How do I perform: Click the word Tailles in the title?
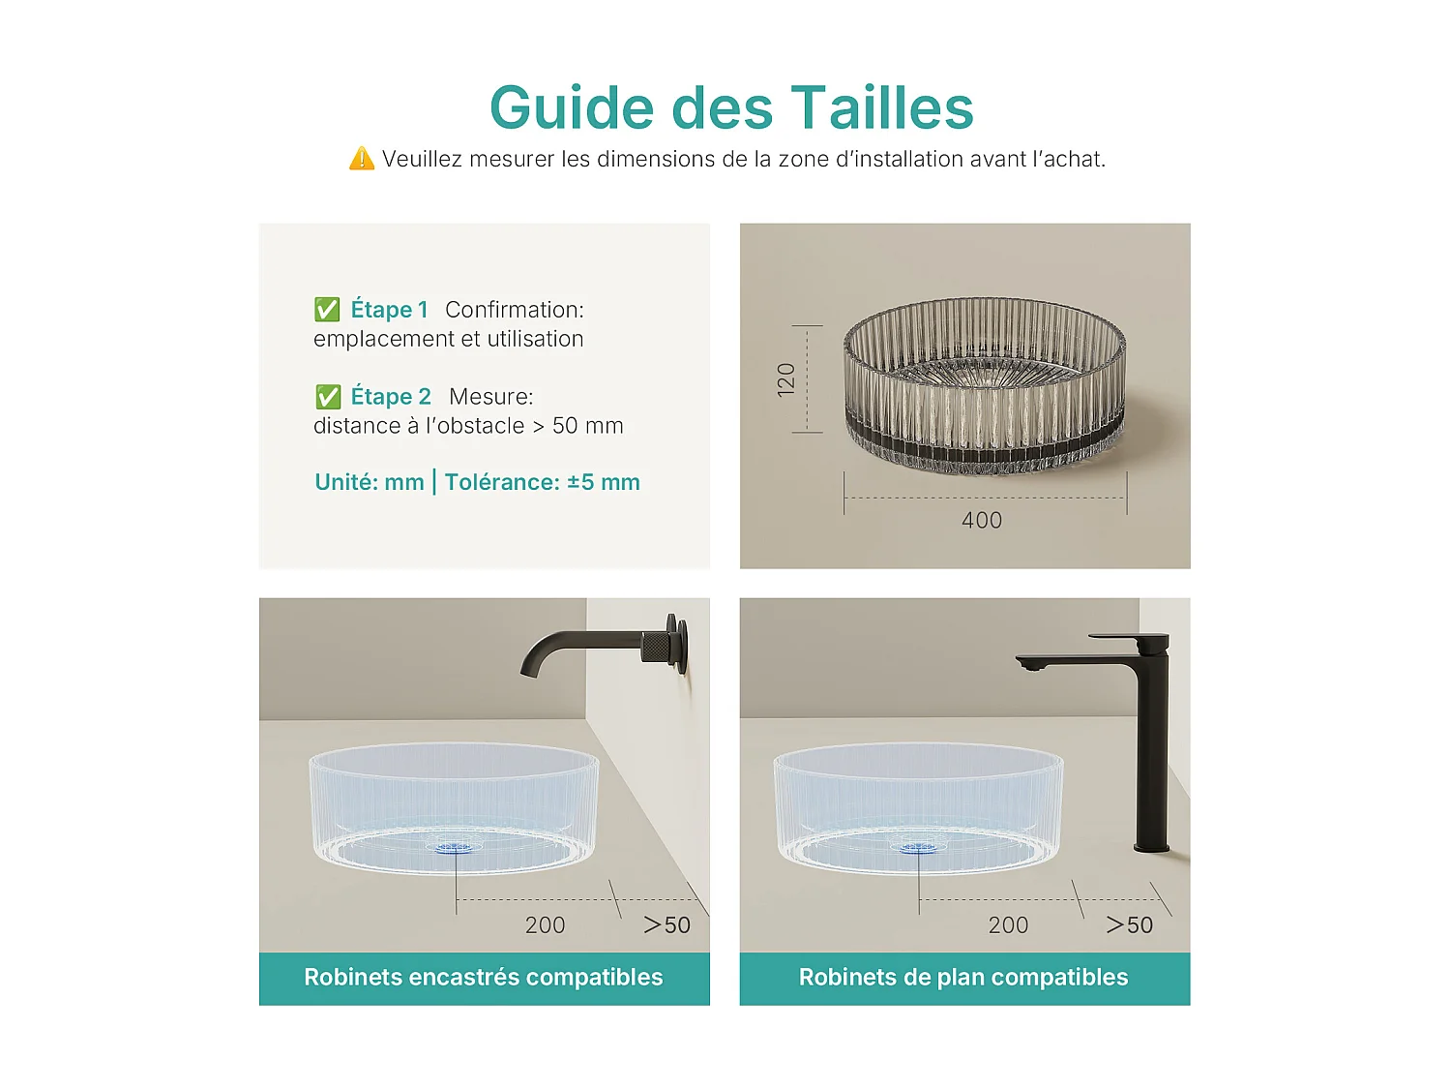coord(881,107)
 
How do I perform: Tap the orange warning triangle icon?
coord(362,159)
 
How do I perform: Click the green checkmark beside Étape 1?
coord(327,310)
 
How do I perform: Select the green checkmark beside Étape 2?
coord(328,397)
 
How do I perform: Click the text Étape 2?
coord(390,397)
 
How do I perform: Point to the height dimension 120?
coord(786,378)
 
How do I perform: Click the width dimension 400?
coord(981,521)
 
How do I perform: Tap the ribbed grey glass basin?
coord(985,387)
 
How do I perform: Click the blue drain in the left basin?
coord(455,848)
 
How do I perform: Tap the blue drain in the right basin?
coord(918,848)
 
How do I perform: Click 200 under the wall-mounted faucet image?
coord(545,925)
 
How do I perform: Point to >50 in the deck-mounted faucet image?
coord(1129,925)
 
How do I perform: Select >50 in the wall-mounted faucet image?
coord(666,925)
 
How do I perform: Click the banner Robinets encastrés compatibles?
coord(484,978)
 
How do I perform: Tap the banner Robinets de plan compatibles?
coord(963,978)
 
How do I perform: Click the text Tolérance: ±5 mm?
coord(542,482)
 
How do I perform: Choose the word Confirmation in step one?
coord(514,310)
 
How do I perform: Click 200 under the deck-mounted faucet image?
coord(1008,925)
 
